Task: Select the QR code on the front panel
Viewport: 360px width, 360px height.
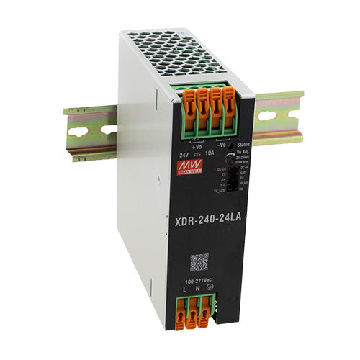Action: click(199, 261)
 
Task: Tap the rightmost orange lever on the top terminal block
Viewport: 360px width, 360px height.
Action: click(229, 104)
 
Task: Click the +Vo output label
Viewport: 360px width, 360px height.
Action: click(197, 145)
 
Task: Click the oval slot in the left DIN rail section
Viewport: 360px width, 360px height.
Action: click(77, 131)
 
